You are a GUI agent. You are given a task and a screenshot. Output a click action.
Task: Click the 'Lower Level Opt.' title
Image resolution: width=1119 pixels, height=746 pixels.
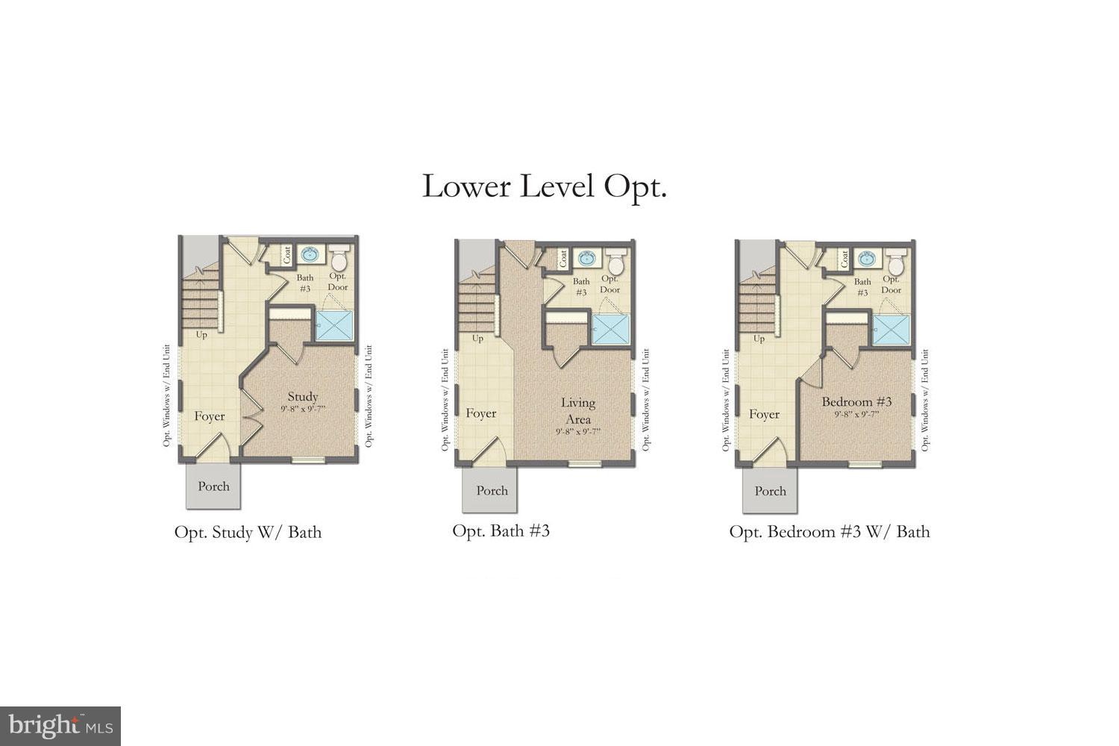tap(544, 186)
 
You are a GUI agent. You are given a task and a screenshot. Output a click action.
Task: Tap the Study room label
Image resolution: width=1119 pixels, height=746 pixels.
tap(303, 397)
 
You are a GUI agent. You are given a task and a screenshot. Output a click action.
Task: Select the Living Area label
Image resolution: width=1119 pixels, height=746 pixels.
tap(578, 410)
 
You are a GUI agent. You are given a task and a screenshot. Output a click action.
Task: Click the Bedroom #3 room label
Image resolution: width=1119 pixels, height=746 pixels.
tap(856, 402)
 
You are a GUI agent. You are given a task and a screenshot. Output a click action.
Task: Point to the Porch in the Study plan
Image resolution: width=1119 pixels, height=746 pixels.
tap(213, 486)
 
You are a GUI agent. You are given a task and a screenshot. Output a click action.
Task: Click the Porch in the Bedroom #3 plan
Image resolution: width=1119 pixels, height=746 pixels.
tap(770, 491)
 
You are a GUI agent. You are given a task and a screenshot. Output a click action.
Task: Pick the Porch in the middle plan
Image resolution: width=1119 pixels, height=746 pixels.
tap(492, 491)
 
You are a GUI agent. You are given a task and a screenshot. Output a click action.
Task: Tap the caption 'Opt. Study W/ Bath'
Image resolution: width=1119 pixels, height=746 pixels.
tap(248, 532)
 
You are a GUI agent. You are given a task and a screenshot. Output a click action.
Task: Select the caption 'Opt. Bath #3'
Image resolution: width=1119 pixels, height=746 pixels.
tap(501, 530)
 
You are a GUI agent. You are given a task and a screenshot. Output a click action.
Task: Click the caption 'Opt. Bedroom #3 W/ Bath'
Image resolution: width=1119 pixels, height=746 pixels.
tap(830, 531)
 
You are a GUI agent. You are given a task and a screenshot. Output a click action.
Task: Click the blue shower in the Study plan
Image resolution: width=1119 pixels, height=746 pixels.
tap(334, 326)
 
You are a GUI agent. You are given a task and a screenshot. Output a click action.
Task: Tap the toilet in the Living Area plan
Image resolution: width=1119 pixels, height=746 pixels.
tap(616, 264)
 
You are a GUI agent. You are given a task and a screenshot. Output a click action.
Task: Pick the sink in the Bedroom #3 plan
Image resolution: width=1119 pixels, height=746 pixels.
tap(867, 260)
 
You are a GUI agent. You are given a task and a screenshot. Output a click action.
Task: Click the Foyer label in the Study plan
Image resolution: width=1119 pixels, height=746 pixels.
tap(210, 416)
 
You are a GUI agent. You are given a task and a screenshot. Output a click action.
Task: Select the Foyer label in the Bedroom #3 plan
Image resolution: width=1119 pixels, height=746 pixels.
tap(764, 414)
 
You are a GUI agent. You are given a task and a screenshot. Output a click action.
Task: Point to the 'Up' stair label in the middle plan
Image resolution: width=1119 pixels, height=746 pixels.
tap(478, 339)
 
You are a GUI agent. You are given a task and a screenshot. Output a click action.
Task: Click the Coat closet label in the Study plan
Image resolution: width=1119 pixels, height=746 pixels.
tap(287, 255)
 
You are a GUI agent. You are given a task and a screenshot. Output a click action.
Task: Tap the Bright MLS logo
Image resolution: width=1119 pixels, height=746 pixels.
tap(60, 725)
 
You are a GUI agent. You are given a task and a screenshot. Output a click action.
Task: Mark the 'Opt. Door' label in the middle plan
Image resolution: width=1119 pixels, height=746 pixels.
tap(610, 284)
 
